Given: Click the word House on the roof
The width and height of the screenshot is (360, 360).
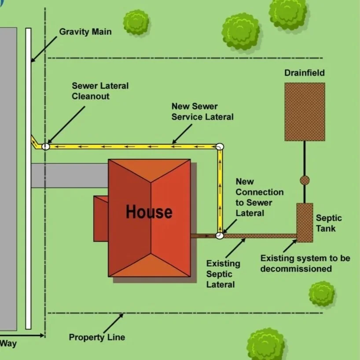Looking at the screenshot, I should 149,212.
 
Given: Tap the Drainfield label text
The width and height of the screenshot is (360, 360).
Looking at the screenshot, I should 304,73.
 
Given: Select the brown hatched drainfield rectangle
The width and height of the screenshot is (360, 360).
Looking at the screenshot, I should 305,112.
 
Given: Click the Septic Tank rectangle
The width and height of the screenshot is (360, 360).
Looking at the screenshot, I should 305,223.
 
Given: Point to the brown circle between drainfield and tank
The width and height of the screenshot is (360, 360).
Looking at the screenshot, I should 305,180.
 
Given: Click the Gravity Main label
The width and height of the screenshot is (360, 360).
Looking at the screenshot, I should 85,32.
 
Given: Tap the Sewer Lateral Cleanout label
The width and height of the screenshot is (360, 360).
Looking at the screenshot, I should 100,91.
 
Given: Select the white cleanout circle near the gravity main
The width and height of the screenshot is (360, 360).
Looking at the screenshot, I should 45,147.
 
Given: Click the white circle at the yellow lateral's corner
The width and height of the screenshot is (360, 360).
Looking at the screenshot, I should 220,146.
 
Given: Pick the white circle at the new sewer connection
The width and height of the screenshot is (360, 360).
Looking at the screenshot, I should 220,236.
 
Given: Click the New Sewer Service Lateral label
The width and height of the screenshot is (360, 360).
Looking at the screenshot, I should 202,112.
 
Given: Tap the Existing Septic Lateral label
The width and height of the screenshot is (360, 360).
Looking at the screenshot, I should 223,274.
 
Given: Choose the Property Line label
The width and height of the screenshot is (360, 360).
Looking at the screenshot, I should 97,338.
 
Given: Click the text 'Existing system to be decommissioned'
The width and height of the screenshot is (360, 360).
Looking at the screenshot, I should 305,263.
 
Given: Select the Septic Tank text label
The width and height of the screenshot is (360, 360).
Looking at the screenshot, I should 328,223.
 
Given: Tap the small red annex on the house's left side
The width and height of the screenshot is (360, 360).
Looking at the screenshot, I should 101,219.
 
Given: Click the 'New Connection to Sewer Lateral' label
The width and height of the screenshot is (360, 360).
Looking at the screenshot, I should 259,197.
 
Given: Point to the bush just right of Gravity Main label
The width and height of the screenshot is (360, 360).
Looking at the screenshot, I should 136,22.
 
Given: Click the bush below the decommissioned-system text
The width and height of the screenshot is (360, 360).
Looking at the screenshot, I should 322,294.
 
